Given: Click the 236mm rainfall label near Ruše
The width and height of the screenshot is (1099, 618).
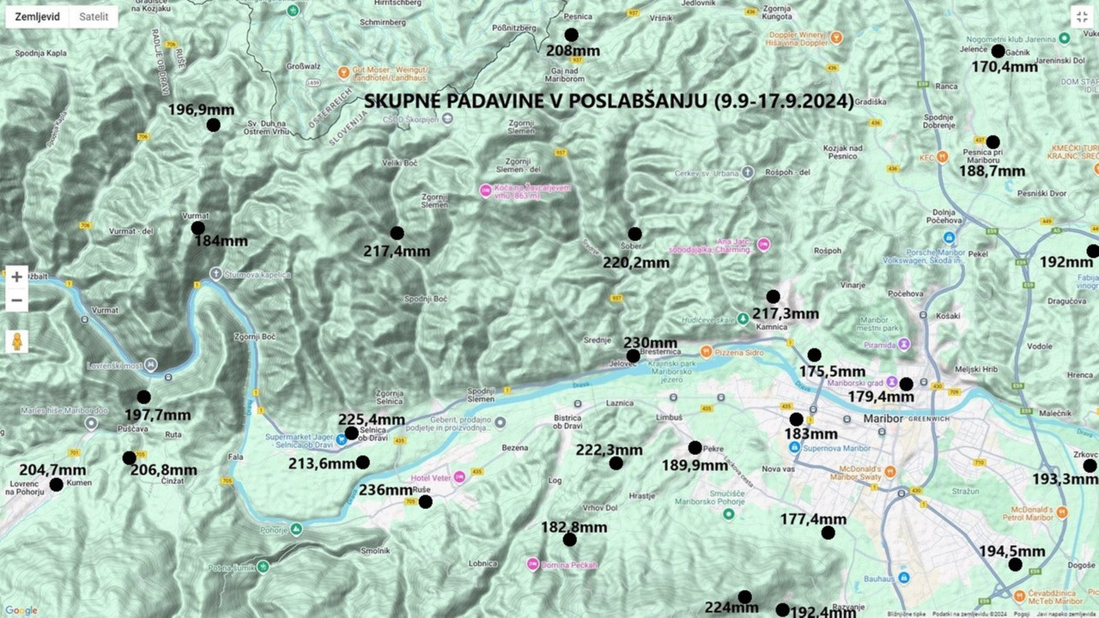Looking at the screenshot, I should (386, 490).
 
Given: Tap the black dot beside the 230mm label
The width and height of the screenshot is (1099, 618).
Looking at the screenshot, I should (633, 356).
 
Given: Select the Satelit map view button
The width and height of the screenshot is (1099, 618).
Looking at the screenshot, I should (94, 16).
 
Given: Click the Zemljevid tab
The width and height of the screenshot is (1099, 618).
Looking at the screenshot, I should (38, 16).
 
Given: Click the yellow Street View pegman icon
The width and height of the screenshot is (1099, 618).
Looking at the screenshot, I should (16, 342).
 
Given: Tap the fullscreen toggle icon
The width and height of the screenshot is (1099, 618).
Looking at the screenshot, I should (1082, 16).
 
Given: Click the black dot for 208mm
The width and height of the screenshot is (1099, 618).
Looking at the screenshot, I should (571, 35).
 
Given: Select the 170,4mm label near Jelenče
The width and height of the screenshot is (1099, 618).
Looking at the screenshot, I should (1005, 66).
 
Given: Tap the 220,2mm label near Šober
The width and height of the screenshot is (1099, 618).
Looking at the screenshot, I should (635, 263).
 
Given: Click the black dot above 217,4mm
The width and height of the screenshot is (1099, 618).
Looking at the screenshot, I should (397, 233).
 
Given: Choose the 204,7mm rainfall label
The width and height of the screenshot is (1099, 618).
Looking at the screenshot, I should (52, 470).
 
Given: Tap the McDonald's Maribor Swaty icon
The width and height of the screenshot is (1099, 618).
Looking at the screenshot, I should (890, 471).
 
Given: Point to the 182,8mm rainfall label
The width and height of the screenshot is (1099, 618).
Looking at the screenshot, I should (574, 526).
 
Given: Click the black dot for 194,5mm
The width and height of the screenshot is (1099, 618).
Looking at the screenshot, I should (1015, 565).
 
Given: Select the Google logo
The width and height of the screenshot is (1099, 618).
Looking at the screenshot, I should (21, 610).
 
